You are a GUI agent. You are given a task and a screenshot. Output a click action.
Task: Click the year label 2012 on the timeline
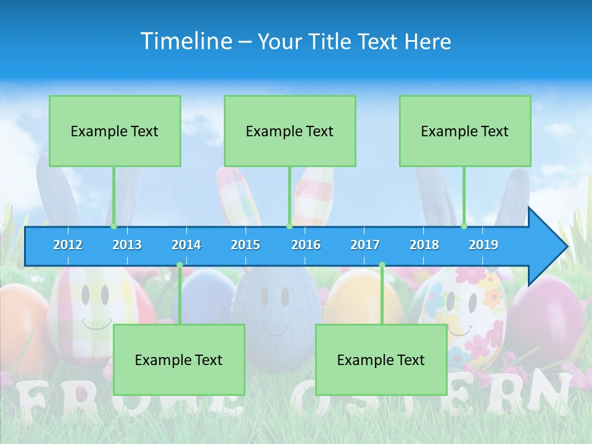click(x=68, y=245)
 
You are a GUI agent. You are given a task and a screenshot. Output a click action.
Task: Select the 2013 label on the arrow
click(x=127, y=245)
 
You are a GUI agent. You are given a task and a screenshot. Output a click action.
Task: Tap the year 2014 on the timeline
click(x=186, y=245)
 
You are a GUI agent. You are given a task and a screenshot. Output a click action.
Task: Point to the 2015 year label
click(x=245, y=245)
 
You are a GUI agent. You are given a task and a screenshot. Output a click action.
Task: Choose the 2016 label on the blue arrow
click(x=306, y=245)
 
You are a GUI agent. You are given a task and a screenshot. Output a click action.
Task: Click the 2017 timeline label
click(x=365, y=245)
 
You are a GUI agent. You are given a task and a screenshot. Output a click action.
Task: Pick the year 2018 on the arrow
click(x=424, y=245)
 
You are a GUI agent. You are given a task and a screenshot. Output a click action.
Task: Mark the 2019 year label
click(x=483, y=245)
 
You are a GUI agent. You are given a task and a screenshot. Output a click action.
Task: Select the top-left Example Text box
click(x=115, y=131)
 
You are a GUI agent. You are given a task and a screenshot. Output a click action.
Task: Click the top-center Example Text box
click(x=290, y=131)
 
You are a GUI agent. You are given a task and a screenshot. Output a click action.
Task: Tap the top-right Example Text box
click(x=465, y=131)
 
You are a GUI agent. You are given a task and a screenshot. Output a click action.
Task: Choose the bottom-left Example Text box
click(x=179, y=360)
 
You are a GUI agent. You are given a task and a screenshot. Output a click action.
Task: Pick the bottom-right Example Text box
click(x=381, y=360)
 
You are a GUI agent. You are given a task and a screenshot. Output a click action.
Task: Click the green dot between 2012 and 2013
click(x=114, y=226)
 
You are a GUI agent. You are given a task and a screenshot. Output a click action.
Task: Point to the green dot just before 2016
click(x=289, y=226)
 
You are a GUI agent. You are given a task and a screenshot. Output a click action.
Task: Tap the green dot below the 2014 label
click(x=179, y=265)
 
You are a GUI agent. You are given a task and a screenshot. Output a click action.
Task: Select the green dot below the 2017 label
click(x=382, y=265)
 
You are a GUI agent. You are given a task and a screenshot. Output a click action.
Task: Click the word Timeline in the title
click(x=186, y=41)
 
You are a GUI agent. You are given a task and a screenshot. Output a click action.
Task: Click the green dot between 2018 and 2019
click(x=464, y=226)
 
